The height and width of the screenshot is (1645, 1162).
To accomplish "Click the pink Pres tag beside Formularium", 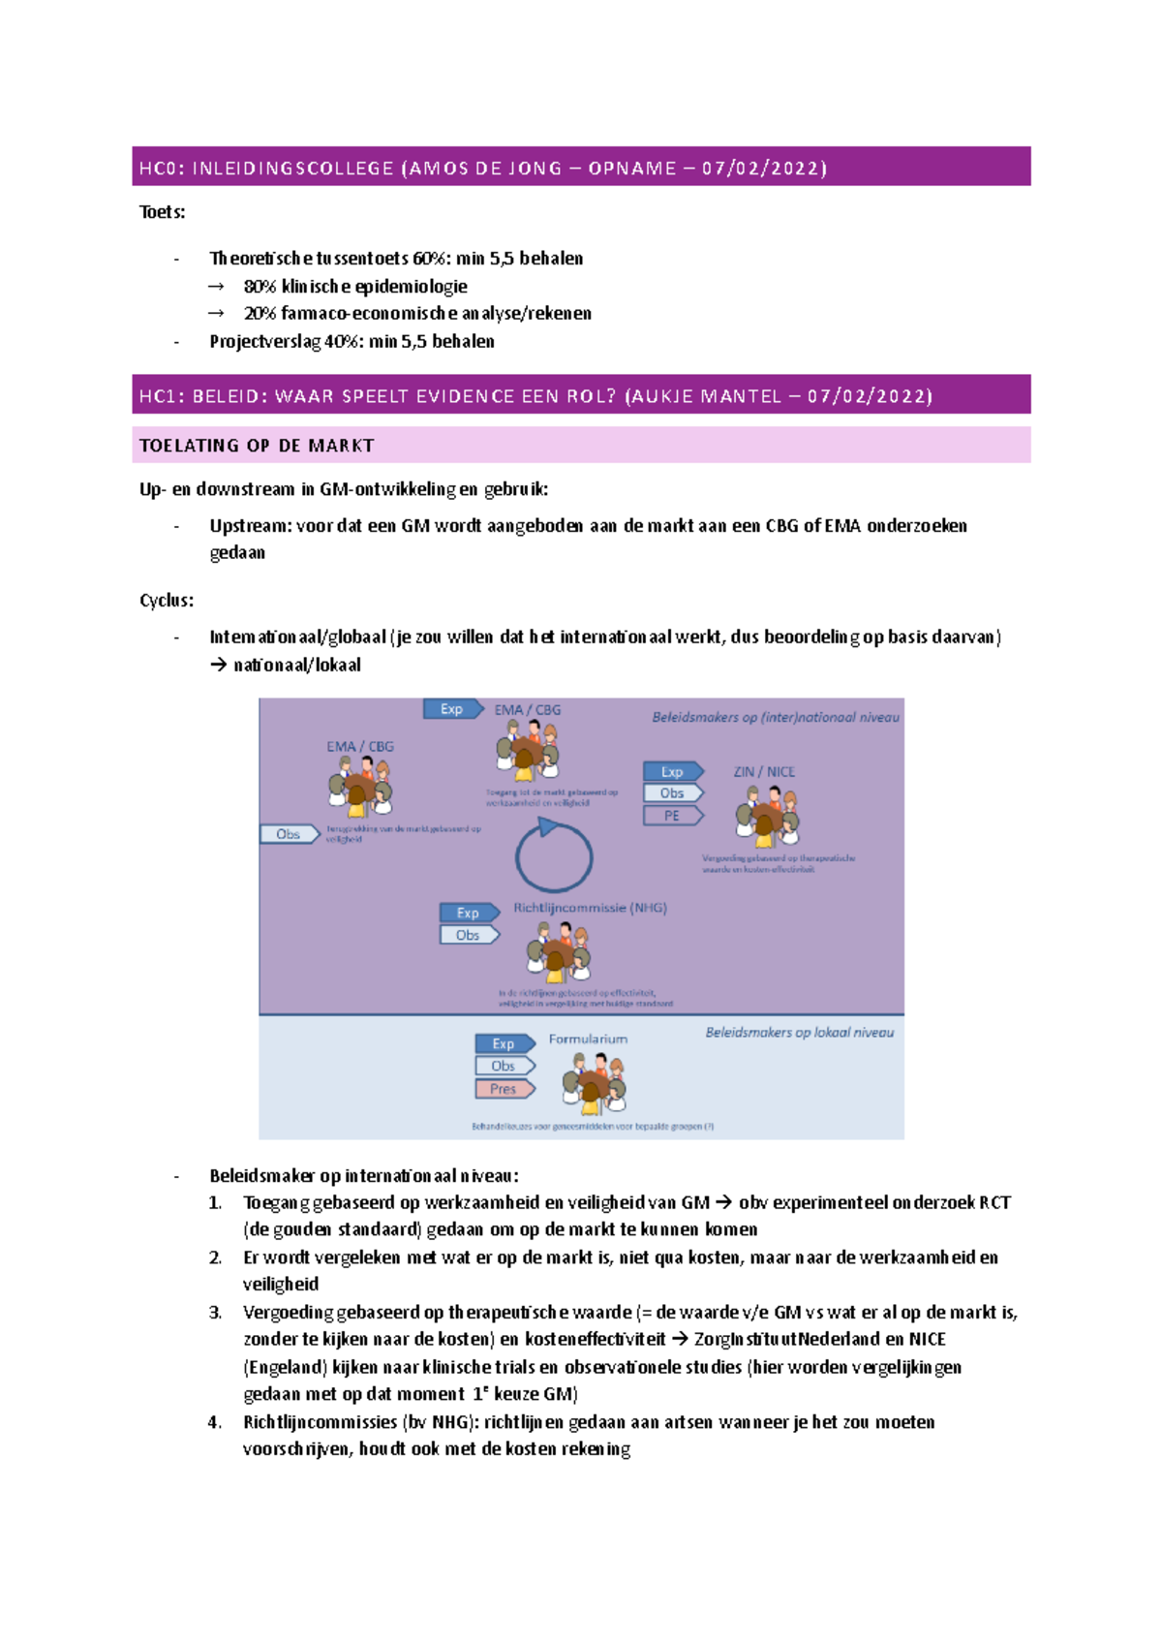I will [x=504, y=1089].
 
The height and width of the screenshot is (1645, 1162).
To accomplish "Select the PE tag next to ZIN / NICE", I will [x=672, y=816].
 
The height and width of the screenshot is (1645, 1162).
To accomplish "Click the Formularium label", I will [x=588, y=1039].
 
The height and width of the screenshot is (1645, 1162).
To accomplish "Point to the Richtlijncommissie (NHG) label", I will [x=590, y=908].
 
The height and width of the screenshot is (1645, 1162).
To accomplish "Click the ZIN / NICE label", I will [x=763, y=772].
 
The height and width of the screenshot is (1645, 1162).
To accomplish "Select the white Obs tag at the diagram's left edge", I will [x=289, y=834].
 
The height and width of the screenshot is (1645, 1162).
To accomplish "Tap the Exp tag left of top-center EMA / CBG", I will [x=452, y=709].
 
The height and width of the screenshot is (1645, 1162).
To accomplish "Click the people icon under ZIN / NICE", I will [x=767, y=816].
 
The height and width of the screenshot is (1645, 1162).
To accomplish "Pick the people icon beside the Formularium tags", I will [x=595, y=1083].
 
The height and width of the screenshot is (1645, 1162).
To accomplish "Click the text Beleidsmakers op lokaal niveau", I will [x=799, y=1033].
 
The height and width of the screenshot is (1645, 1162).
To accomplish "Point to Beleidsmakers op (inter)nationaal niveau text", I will [x=775, y=718].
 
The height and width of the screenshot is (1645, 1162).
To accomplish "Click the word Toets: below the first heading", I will [x=163, y=212].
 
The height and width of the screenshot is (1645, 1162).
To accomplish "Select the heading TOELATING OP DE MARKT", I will [x=257, y=446].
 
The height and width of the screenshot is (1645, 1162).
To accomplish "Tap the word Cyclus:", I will [x=167, y=601].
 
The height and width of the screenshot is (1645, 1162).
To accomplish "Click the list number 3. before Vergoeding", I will [x=215, y=1313].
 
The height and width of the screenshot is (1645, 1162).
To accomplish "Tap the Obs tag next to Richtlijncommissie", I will [x=468, y=935].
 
